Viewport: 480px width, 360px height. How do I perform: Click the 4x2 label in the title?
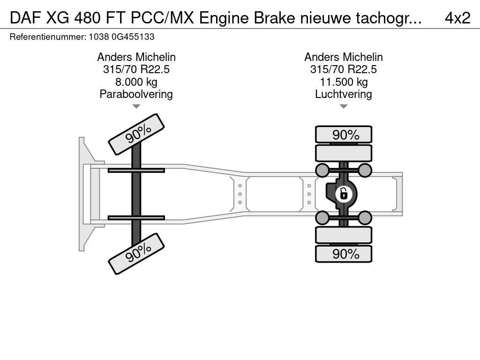(457, 17)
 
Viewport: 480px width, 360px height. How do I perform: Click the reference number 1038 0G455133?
(121, 37)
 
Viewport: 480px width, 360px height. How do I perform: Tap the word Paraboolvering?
(136, 94)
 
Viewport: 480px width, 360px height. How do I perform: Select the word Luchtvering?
(344, 94)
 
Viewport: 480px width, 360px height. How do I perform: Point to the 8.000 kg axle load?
(136, 82)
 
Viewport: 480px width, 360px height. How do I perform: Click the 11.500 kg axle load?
(344, 82)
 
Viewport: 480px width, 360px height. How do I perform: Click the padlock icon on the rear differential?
(344, 193)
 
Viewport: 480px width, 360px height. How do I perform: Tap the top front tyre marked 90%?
(136, 134)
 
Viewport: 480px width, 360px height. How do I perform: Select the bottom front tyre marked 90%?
(136, 254)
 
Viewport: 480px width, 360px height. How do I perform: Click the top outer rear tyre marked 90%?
(344, 135)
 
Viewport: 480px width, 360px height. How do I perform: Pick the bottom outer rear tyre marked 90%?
(344, 254)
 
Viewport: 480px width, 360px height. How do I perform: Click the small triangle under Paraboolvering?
(136, 106)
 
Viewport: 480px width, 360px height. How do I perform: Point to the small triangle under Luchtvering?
(344, 106)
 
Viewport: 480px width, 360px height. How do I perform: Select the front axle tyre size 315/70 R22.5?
(136, 69)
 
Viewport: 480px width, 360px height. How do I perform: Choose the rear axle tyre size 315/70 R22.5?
(344, 69)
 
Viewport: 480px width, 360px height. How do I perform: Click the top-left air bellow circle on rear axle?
(322, 170)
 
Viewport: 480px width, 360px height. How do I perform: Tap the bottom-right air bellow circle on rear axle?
(365, 217)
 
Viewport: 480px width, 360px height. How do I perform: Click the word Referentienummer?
(47, 37)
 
